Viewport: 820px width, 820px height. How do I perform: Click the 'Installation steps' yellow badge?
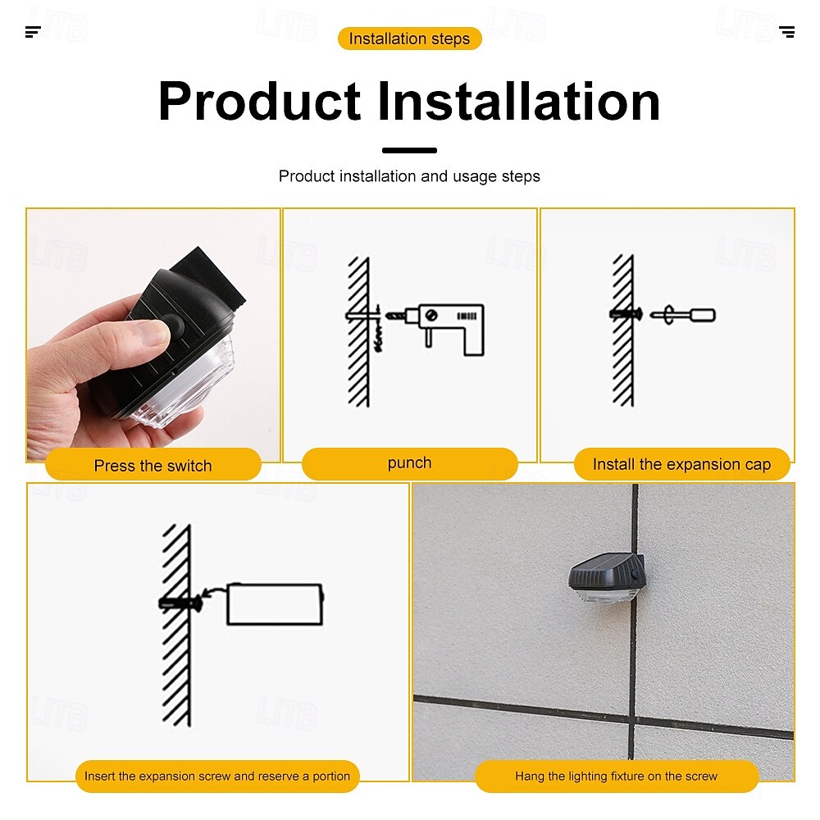(409, 39)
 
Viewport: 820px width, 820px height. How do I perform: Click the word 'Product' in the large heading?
(259, 102)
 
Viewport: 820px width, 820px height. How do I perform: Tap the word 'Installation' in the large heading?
(518, 102)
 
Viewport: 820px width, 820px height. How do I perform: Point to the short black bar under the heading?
(409, 151)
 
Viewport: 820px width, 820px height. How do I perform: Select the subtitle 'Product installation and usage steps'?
(409, 176)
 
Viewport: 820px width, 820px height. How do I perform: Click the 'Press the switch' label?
(153, 465)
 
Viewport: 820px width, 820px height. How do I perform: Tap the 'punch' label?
(409, 464)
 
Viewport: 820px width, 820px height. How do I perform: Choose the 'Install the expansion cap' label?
(681, 464)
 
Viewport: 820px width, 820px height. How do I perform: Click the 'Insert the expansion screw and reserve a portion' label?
(217, 776)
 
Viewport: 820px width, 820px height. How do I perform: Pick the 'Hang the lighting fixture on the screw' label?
(616, 776)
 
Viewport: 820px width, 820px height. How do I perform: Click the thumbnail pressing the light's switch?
(153, 335)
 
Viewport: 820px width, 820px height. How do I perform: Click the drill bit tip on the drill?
(388, 316)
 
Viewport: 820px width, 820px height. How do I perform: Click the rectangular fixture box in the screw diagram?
(275, 604)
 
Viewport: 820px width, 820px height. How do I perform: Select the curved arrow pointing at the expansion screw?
(213, 592)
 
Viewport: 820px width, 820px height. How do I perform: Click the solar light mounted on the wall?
(607, 577)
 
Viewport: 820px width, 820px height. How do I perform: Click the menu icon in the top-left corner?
(33, 32)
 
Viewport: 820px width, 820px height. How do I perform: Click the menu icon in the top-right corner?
(787, 32)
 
